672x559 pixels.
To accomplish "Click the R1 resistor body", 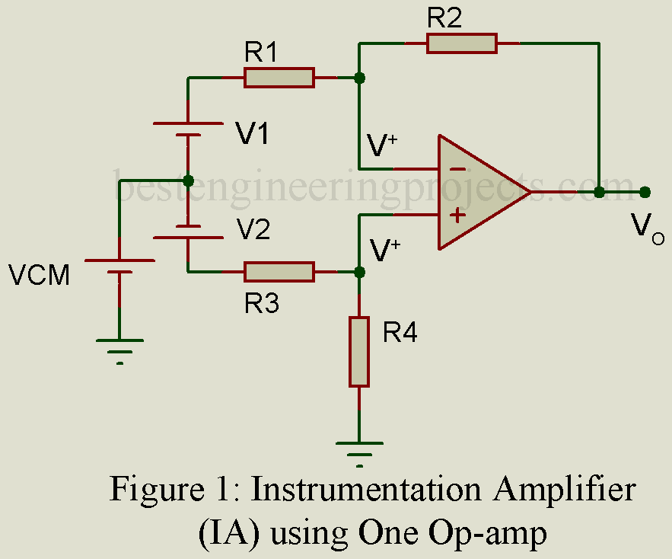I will [x=279, y=78].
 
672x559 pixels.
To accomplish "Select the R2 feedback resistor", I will [x=461, y=43].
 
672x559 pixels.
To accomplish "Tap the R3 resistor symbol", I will [x=279, y=271].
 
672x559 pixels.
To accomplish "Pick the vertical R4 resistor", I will [x=359, y=352].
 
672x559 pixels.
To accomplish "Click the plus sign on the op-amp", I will [x=457, y=216].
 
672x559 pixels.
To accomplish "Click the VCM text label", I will [x=39, y=275].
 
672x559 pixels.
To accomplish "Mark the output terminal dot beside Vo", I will [x=645, y=192].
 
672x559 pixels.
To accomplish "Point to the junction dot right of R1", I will [x=359, y=78].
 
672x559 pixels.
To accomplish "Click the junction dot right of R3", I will [x=359, y=271].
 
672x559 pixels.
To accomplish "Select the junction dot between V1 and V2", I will [x=188, y=180].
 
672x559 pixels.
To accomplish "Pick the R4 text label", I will [x=400, y=333].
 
